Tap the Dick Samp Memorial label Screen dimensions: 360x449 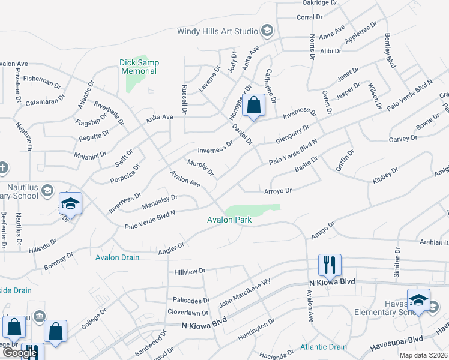138,67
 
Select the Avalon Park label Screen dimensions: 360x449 229,220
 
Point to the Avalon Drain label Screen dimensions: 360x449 118,257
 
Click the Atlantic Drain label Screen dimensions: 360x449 324,347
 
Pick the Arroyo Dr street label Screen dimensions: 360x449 278,191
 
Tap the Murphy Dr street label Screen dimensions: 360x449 200,168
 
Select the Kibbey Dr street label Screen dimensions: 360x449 385,175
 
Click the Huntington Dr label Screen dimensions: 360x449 256,329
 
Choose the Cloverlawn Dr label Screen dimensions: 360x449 188,313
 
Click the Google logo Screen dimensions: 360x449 20,353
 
